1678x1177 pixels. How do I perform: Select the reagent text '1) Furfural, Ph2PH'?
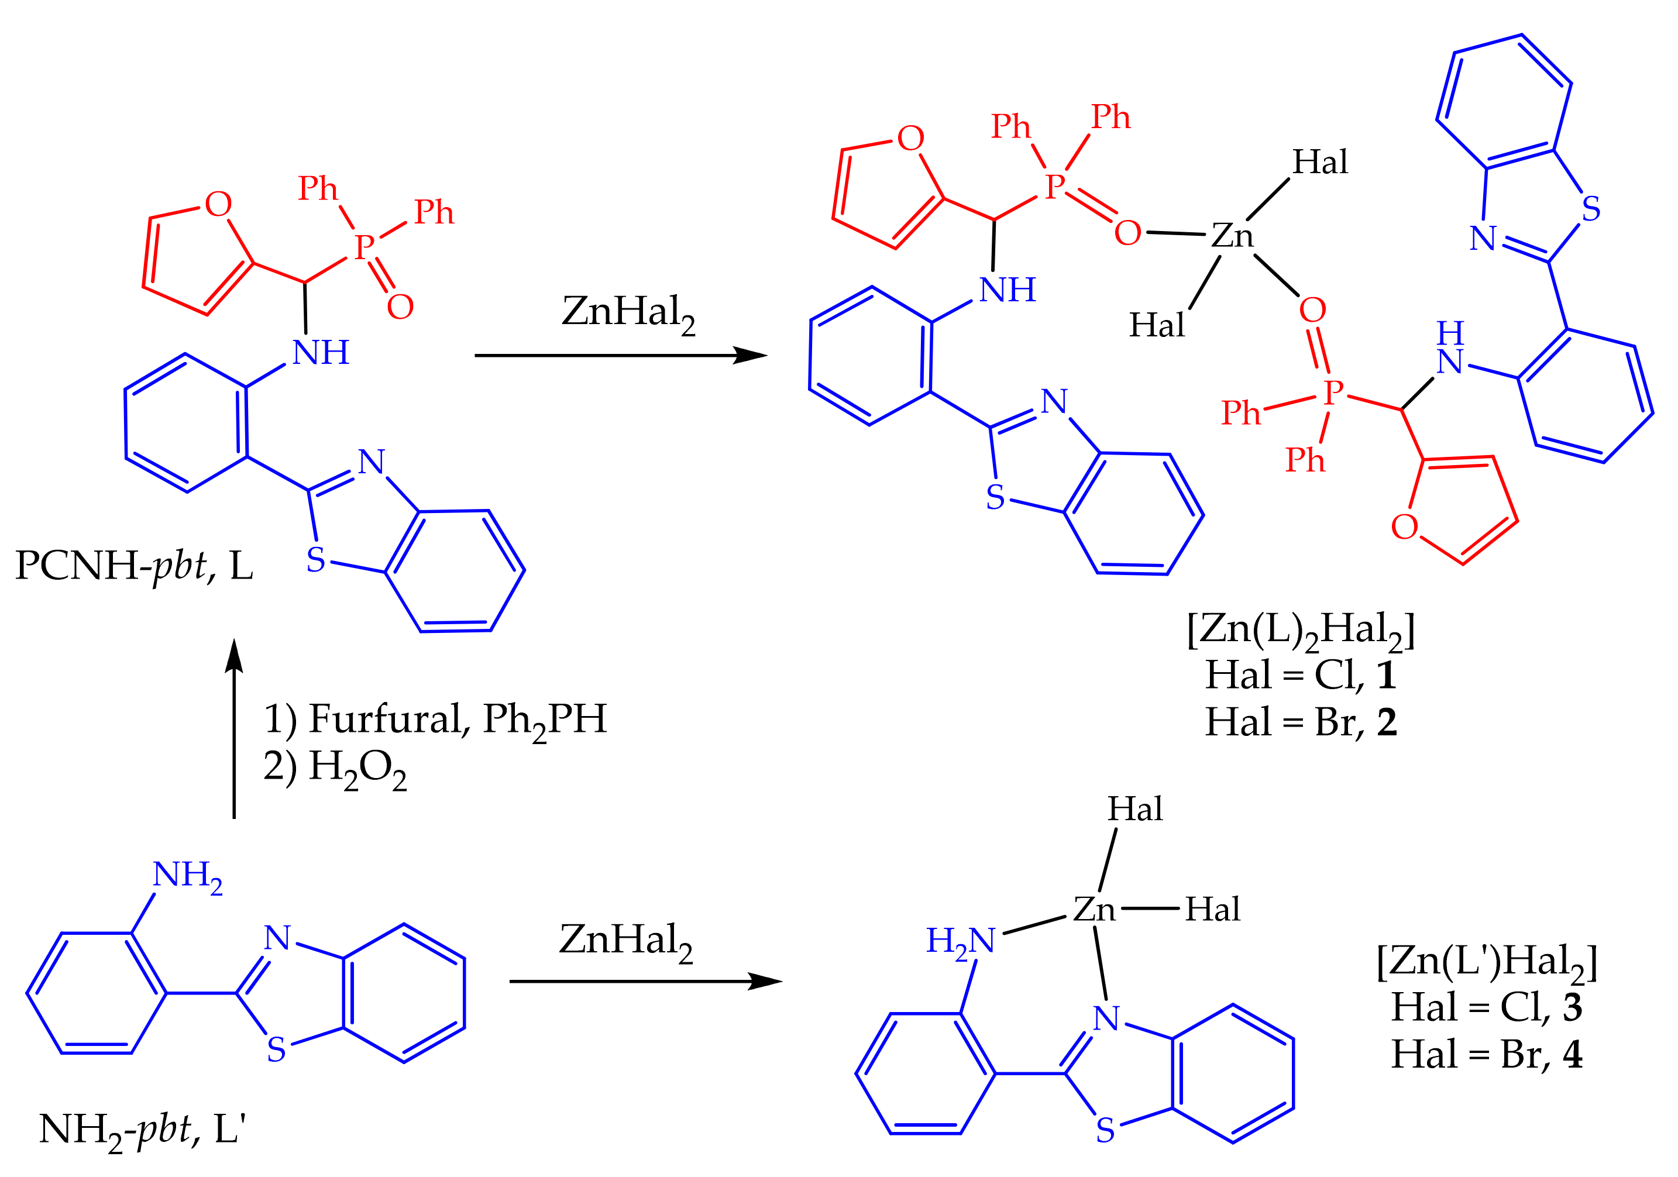click(x=435, y=720)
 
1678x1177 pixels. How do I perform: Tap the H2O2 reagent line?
click(x=335, y=768)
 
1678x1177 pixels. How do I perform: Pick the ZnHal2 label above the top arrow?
click(x=628, y=314)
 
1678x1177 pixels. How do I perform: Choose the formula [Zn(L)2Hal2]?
click(x=1301, y=630)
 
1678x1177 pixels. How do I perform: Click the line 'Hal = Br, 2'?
click(x=1301, y=722)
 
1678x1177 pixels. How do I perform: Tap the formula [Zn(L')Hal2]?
click(x=1487, y=962)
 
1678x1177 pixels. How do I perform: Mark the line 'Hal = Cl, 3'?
click(x=1487, y=1007)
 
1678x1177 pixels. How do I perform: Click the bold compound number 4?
click(x=1573, y=1054)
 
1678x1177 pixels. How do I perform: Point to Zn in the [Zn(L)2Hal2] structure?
click(x=1232, y=236)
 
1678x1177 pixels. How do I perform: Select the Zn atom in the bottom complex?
click(x=1094, y=910)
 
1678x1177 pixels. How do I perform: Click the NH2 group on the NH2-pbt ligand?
click(x=187, y=875)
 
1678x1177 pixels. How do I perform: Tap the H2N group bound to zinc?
click(x=960, y=941)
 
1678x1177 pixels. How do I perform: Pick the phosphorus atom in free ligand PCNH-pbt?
click(x=364, y=247)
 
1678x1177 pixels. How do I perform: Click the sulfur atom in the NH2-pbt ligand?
click(x=276, y=1049)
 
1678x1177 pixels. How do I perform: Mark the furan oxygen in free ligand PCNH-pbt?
click(x=218, y=205)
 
